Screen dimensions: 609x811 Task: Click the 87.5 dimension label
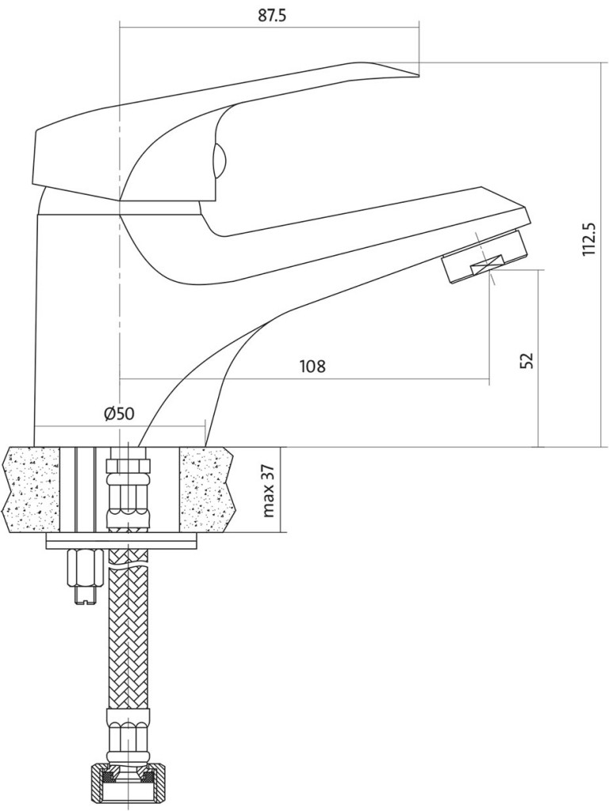pyautogui.click(x=272, y=16)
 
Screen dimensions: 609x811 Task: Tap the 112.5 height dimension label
pyautogui.click(x=589, y=239)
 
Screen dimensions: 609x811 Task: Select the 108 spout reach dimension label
pyautogui.click(x=312, y=366)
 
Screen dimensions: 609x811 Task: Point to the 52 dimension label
pyautogui.click(x=527, y=360)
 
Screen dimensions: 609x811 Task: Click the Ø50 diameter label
pyautogui.click(x=119, y=413)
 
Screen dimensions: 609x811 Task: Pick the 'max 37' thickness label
pyautogui.click(x=269, y=489)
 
